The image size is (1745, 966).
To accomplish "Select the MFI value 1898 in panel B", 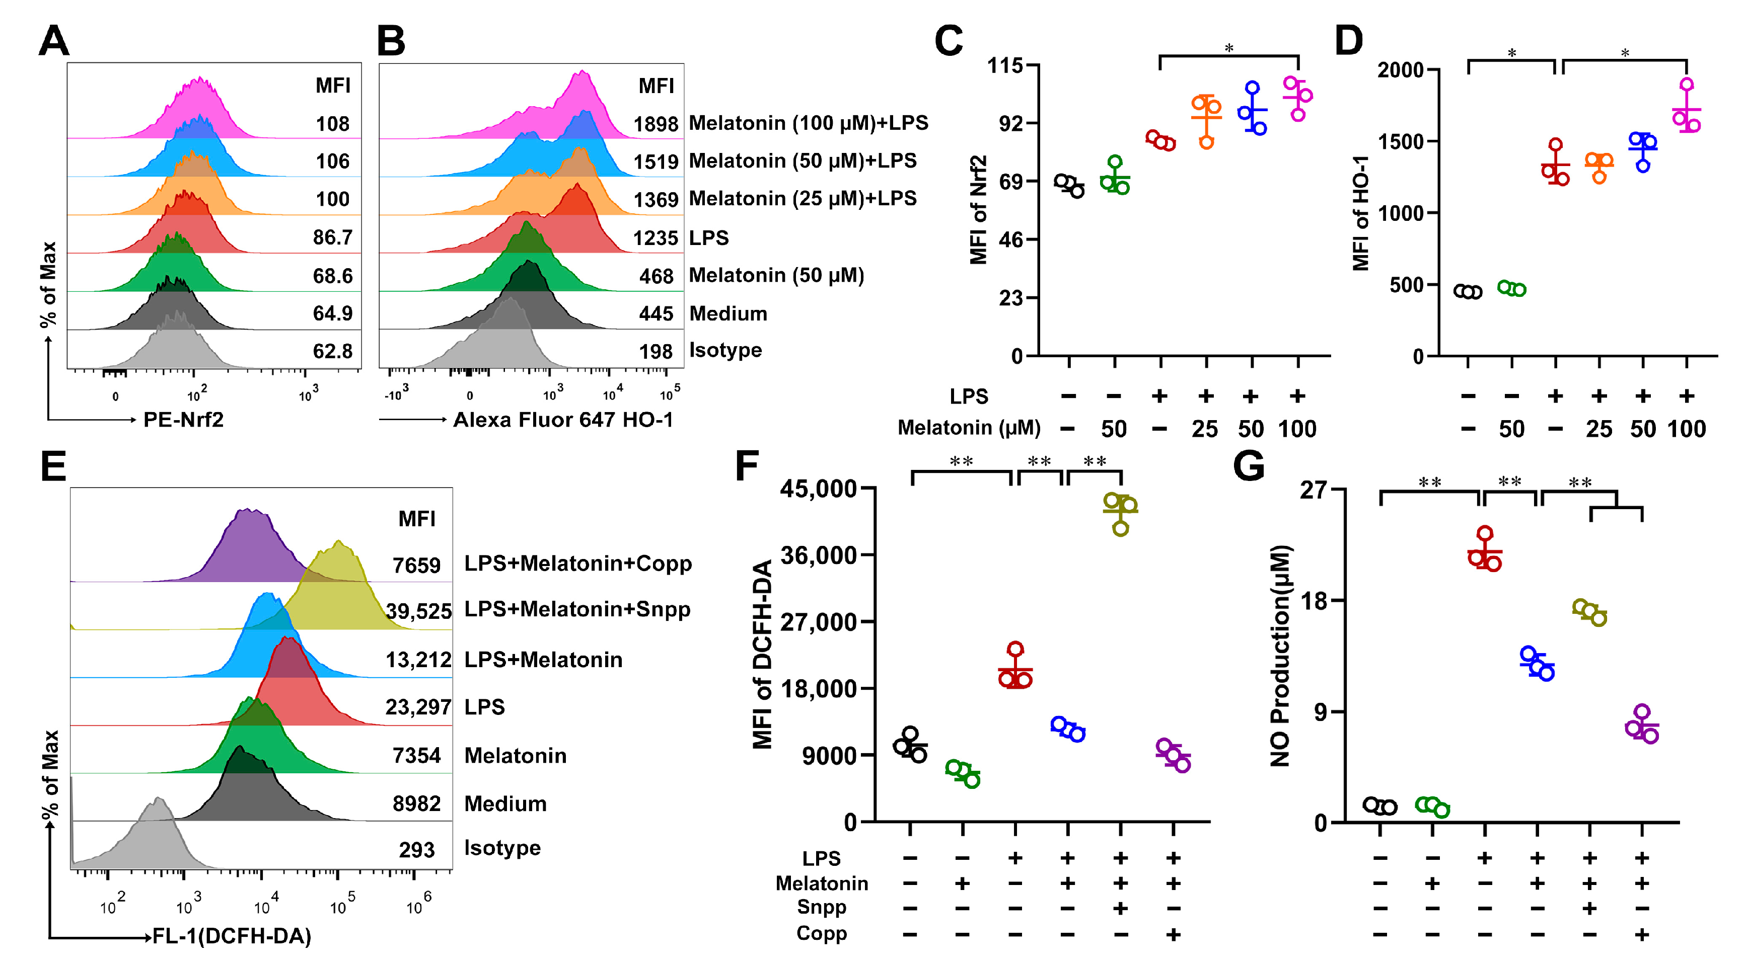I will pos(655,125).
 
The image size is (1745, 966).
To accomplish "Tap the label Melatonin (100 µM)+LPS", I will pos(808,123).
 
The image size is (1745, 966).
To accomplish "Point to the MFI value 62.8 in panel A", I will pos(333,351).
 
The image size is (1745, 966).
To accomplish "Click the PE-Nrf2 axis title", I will pos(184,421).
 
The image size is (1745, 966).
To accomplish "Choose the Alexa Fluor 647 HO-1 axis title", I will pos(563,421).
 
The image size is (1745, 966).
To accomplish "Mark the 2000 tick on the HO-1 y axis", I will pos(1400,70).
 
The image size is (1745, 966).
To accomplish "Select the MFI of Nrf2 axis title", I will pos(978,210).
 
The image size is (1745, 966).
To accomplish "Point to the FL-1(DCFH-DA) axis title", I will pos(232,936).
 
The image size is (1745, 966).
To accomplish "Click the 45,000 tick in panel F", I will pos(818,488).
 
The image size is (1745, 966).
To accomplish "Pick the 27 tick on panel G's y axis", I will pos(1313,490).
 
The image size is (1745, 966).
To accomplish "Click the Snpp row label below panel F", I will pos(822,907).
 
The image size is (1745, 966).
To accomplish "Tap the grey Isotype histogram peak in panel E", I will pos(157,801).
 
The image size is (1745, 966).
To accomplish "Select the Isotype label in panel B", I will pos(725,351).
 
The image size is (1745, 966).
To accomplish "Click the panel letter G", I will pos(1249,466).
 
